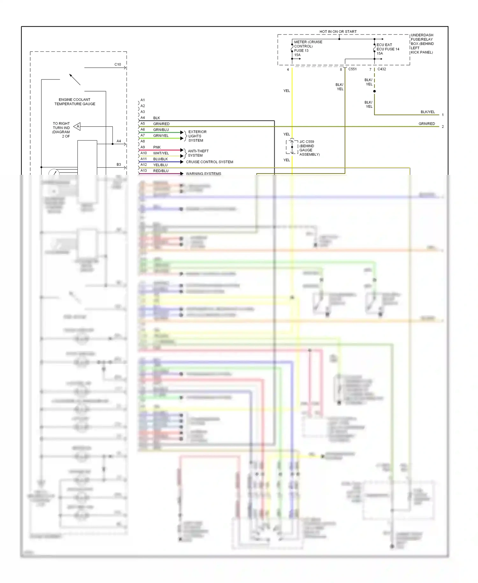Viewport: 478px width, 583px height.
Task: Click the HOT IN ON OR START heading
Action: (338, 32)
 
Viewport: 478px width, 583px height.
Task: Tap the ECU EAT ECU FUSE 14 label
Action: (387, 49)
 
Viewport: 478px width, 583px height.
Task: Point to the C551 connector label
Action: (352, 69)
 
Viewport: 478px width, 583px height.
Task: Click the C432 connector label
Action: (381, 69)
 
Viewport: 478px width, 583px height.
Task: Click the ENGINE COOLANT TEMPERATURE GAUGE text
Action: (75, 102)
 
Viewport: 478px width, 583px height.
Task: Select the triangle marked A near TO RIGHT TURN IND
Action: (77, 127)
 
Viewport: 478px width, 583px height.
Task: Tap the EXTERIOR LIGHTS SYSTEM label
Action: (197, 136)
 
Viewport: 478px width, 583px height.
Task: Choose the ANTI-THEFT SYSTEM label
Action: (198, 153)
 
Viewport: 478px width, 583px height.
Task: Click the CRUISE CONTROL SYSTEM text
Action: (209, 162)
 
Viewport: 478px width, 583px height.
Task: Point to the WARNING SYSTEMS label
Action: (203, 173)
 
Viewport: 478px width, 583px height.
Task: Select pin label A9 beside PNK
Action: (143, 147)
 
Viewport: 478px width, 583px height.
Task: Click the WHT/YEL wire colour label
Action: (161, 153)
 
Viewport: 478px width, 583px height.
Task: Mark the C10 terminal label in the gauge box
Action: (118, 64)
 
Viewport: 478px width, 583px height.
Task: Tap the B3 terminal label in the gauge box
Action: (119, 165)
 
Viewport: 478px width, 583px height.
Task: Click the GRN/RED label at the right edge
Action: (426, 124)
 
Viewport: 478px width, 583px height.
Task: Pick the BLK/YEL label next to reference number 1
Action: (427, 112)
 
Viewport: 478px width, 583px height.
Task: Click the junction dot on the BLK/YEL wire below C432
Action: (374, 91)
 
